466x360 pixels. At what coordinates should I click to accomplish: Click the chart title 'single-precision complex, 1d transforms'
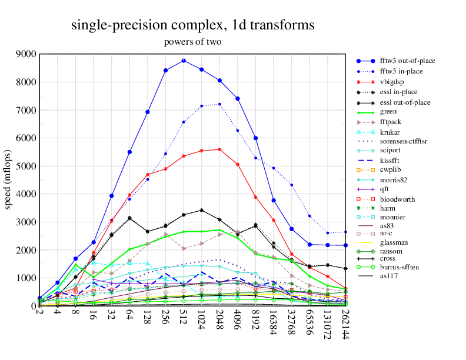[x=192, y=25]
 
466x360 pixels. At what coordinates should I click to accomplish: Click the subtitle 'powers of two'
[x=192, y=42]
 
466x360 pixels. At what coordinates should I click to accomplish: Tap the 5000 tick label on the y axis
[x=26, y=166]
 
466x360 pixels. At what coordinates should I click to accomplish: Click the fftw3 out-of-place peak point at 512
[x=184, y=61]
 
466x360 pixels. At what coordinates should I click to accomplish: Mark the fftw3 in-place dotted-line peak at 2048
[x=219, y=104]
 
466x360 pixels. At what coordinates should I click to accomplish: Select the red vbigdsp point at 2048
[x=219, y=149]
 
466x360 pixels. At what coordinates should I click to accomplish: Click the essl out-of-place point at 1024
[x=202, y=210]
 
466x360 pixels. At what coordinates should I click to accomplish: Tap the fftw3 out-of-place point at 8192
[x=255, y=138]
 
